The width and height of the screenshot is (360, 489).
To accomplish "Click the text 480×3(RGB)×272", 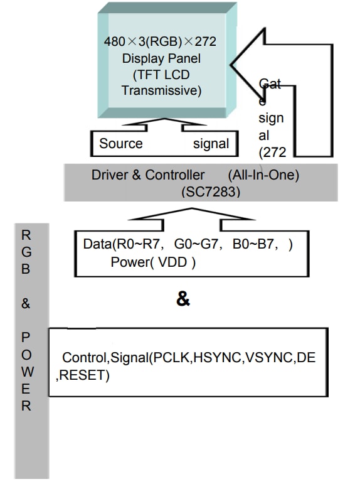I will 161,43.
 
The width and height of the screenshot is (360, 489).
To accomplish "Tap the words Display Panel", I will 161,59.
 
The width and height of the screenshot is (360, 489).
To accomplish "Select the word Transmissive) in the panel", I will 161,90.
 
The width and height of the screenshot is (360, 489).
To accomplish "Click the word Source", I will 121,144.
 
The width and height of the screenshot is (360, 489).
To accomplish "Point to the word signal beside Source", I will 211,144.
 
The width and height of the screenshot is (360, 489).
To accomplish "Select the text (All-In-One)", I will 263,175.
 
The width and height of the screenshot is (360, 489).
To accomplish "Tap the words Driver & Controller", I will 148,175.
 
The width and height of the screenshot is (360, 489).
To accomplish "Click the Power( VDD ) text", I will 153,262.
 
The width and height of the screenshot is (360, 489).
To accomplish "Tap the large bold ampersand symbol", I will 183,299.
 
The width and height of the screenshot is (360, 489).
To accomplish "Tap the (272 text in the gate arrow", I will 272,151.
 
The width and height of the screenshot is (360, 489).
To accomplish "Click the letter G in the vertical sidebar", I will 26,252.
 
